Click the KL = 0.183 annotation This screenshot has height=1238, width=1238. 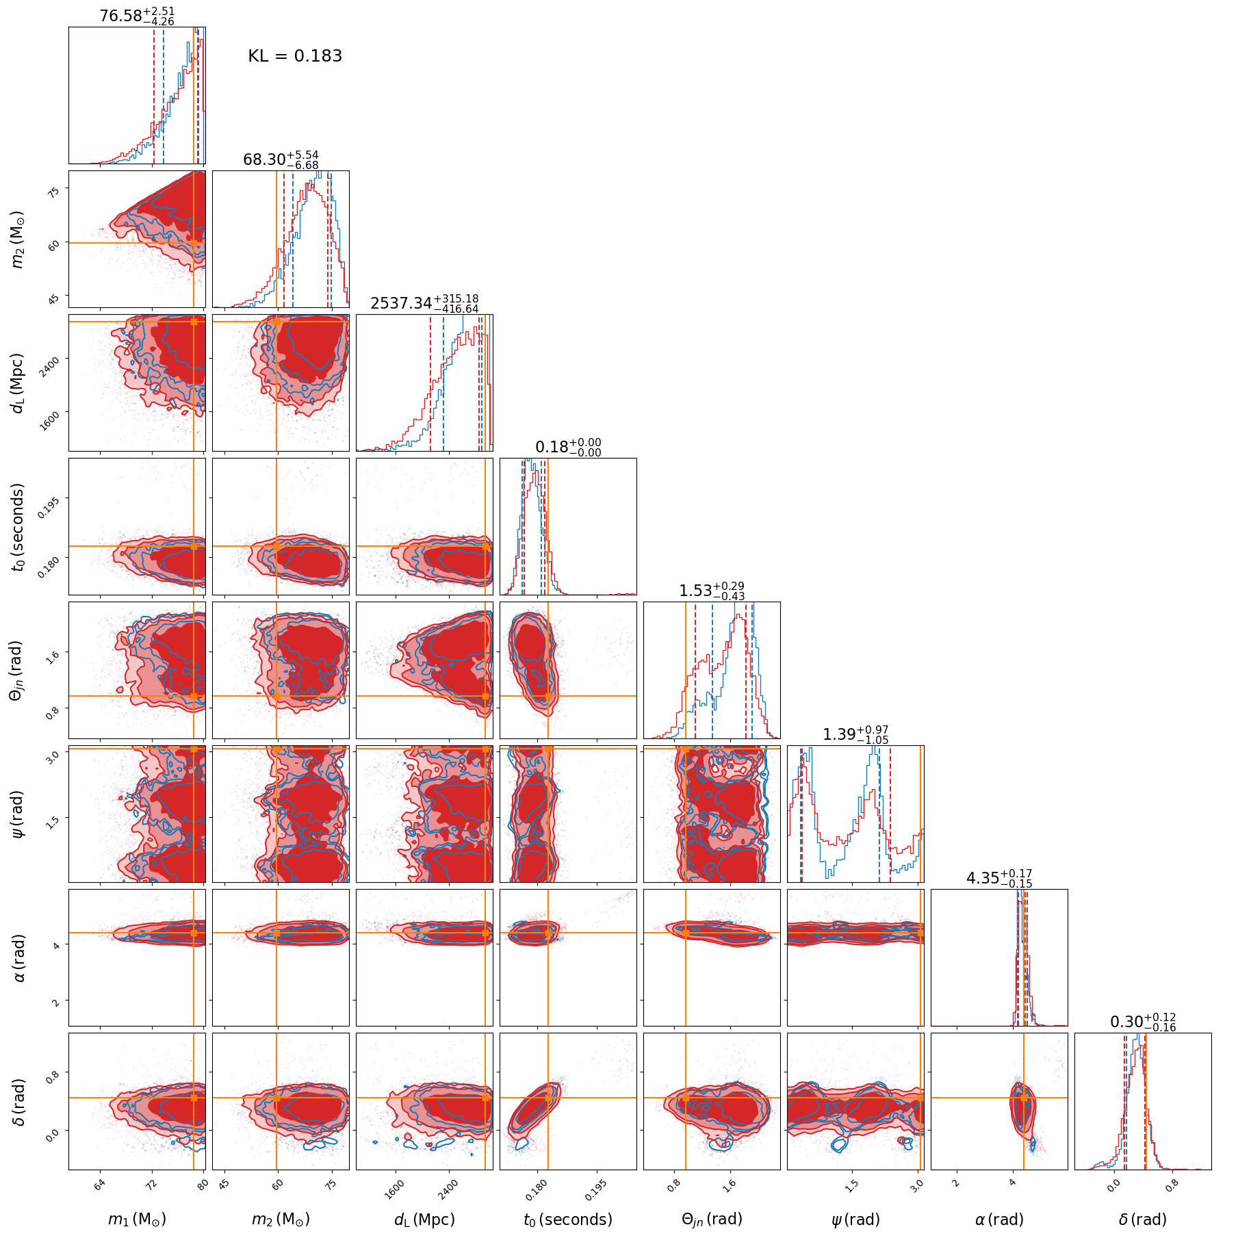(294, 56)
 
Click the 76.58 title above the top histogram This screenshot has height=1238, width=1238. (137, 16)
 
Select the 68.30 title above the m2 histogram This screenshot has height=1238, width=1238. (281, 159)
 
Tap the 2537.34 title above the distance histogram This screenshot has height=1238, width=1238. (424, 303)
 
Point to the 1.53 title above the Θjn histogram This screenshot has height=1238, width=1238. (712, 591)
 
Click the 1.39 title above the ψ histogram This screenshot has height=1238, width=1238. (855, 734)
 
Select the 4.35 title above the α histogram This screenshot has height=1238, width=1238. (999, 878)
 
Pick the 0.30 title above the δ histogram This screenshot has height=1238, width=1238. (1143, 1022)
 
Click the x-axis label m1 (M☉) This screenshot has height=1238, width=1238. (137, 1219)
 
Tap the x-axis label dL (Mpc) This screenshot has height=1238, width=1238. (424, 1219)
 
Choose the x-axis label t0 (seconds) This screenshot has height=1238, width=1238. (568, 1219)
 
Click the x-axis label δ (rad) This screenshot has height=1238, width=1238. (1143, 1219)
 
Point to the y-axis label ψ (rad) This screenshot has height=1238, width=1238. (18, 814)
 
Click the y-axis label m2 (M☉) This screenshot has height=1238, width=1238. (18, 239)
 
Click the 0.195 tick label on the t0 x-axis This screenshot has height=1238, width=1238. (596, 1189)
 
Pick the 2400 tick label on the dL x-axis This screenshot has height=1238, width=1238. (448, 1188)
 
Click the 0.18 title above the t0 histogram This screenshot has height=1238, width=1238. (568, 447)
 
